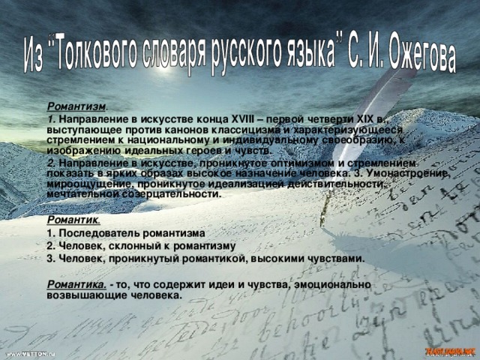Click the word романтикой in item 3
coord(213,257)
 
